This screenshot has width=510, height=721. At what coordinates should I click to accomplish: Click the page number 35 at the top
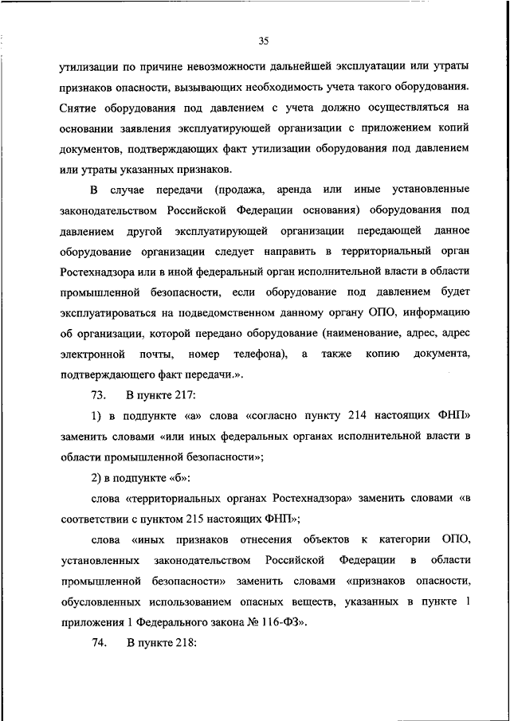265,41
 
